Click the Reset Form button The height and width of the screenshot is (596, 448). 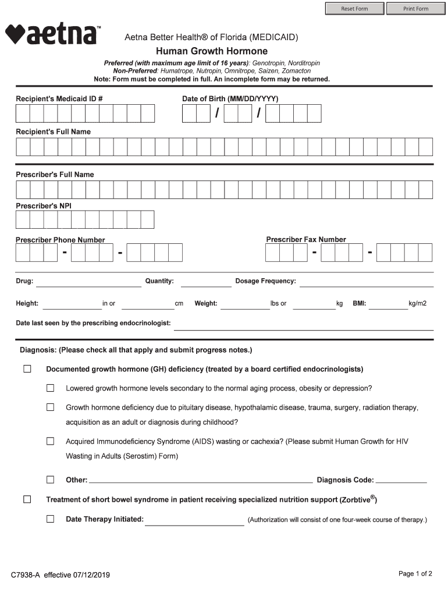(x=354, y=9)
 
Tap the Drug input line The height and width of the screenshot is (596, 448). (x=88, y=282)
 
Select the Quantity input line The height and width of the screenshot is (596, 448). (x=206, y=282)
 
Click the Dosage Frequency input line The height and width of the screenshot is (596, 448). (x=366, y=282)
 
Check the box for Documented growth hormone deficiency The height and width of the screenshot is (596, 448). (x=27, y=369)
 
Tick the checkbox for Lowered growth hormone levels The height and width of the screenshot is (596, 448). (x=51, y=388)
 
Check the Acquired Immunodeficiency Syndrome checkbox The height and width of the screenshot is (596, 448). (x=51, y=441)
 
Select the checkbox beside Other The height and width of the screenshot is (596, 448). (x=51, y=480)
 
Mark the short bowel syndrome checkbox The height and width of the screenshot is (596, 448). (x=27, y=499)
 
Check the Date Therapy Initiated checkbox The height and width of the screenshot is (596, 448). (x=51, y=519)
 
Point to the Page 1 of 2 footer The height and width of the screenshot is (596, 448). (x=415, y=574)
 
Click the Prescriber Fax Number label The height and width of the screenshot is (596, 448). (x=306, y=239)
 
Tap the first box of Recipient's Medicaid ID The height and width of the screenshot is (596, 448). (x=23, y=113)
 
